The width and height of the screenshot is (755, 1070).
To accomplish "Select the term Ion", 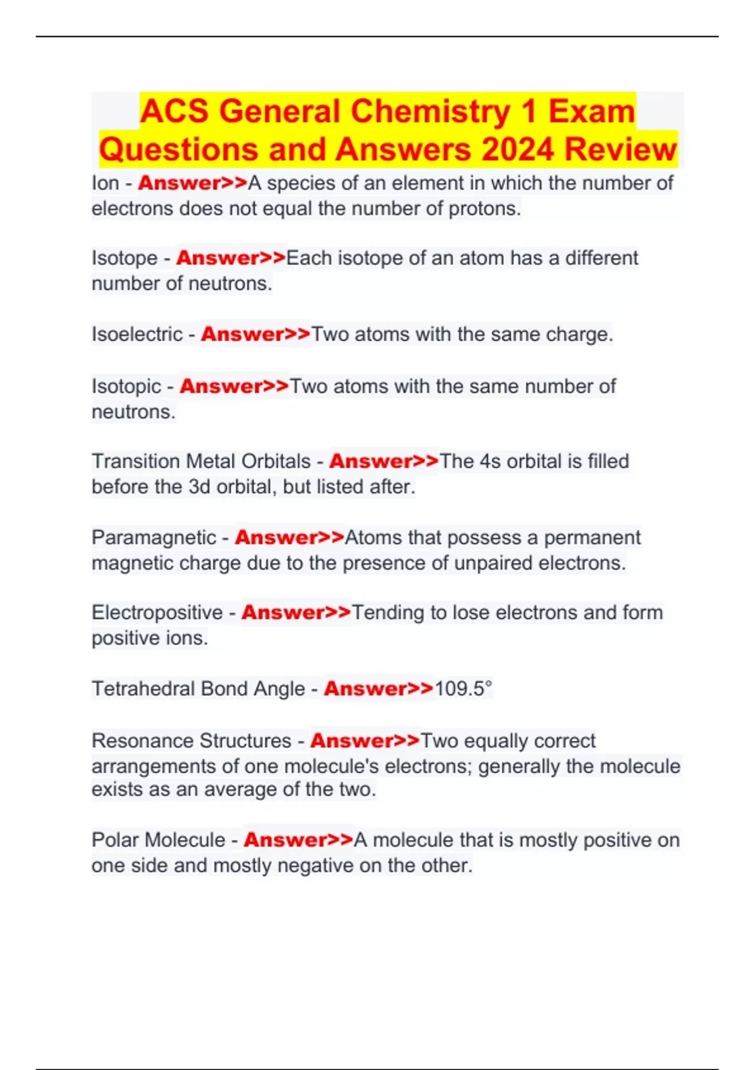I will coord(105,183).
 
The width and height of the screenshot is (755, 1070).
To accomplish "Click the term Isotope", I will coord(125,258).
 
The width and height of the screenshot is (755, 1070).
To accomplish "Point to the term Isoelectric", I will coord(137,334).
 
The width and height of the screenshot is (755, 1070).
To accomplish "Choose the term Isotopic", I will coord(126,386).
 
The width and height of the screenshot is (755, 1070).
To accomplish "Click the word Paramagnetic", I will coord(154,538).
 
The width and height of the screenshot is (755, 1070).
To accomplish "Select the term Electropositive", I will coord(157,612).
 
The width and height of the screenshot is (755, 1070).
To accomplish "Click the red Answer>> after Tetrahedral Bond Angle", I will coord(379,689).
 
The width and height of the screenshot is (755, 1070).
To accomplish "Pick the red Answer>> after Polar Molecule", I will coord(299,840).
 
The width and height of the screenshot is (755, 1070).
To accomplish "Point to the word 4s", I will coord(490,461).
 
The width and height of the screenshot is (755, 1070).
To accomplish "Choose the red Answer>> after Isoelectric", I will coord(256,334).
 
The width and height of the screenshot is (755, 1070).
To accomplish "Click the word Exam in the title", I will coord(591,111).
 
